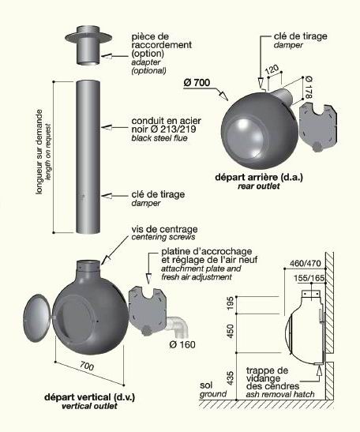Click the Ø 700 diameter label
click(x=197, y=83)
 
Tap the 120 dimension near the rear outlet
click(x=272, y=69)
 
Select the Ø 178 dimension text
click(x=309, y=88)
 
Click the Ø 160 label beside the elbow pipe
click(x=182, y=344)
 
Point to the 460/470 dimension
click(x=306, y=264)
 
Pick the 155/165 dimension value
click(x=309, y=278)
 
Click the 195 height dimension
click(x=231, y=303)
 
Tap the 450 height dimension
click(x=231, y=332)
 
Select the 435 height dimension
click(x=231, y=378)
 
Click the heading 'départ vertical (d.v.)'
click(x=90, y=397)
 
